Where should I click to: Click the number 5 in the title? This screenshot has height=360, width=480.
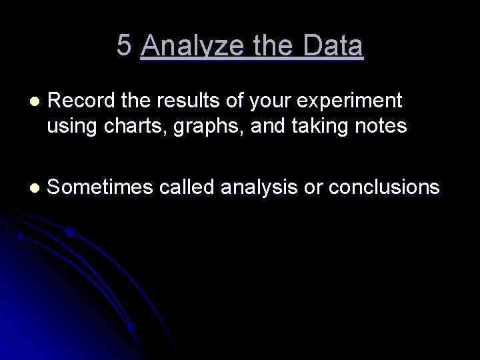click(x=124, y=45)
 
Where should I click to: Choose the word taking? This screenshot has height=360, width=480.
click(x=307, y=127)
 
